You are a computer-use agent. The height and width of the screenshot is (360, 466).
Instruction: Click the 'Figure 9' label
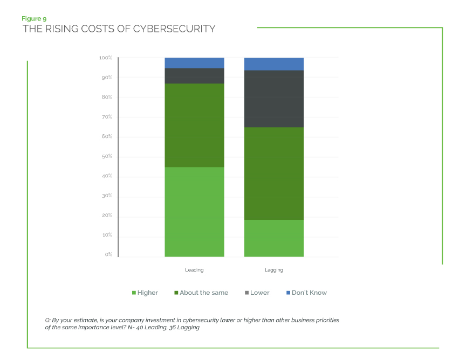[x=33, y=19]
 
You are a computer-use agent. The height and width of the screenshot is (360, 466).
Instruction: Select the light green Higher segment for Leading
[x=194, y=212]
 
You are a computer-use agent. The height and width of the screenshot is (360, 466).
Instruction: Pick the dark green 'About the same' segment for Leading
[x=194, y=125]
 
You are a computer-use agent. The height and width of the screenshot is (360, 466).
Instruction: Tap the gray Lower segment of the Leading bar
[x=194, y=76]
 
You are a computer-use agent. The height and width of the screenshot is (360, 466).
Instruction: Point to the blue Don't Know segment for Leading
[x=194, y=63]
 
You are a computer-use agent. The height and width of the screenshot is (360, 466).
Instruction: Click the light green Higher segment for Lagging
[x=274, y=238]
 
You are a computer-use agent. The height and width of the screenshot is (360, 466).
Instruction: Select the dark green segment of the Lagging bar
[x=274, y=174]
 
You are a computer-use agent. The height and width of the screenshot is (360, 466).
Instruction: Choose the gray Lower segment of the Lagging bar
[x=274, y=99]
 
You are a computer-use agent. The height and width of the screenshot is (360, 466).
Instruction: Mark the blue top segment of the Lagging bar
[x=274, y=64]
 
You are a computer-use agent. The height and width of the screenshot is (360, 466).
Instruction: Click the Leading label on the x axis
[x=194, y=269]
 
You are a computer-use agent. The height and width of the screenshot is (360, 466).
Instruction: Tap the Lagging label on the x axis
[x=274, y=269]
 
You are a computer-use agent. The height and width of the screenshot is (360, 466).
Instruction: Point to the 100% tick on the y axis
[x=105, y=58]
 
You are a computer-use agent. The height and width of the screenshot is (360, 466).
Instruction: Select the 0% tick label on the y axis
[x=108, y=254]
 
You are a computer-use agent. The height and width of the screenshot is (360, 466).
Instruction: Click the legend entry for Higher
[x=145, y=293]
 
